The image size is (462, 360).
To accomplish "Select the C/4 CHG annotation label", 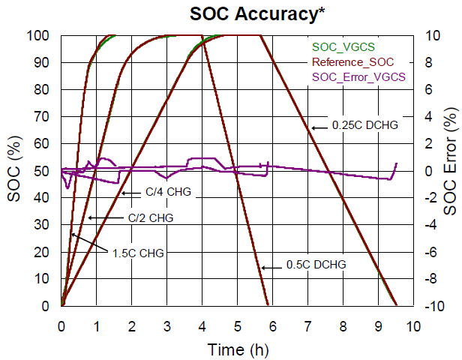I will click(169, 193).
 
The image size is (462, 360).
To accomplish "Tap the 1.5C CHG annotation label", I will click(137, 252).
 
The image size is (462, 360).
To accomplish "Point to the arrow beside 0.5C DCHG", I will click(271, 265).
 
